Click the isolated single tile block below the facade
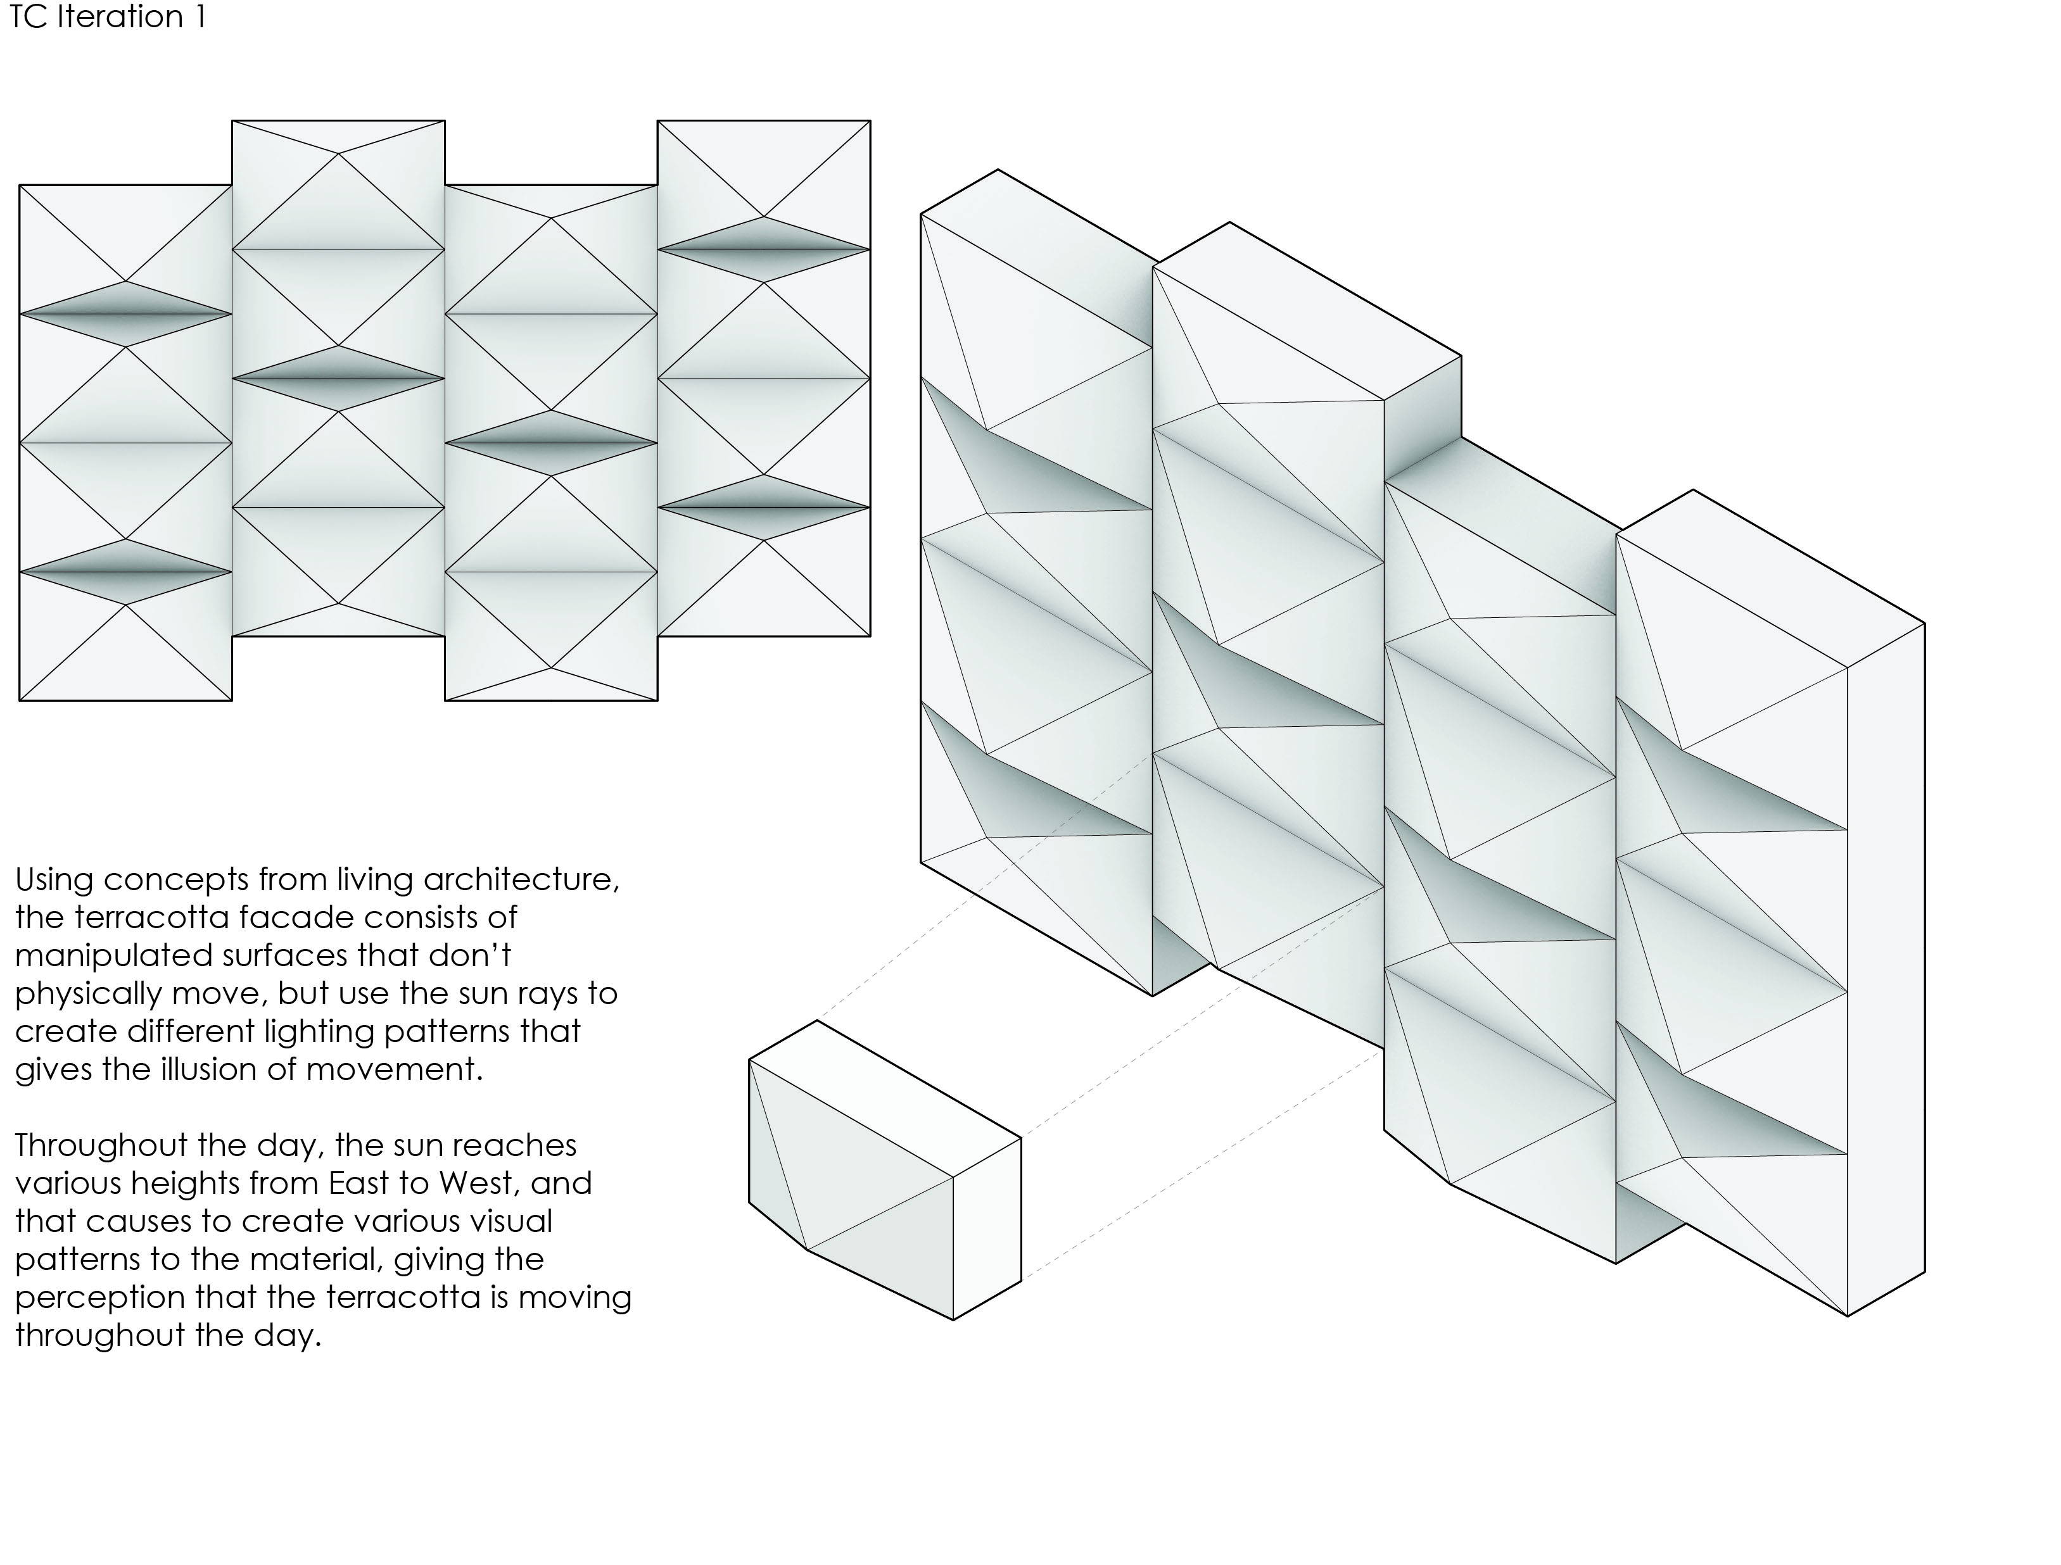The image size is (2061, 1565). click(x=885, y=1170)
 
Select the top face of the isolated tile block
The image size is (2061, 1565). click(x=885, y=1099)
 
